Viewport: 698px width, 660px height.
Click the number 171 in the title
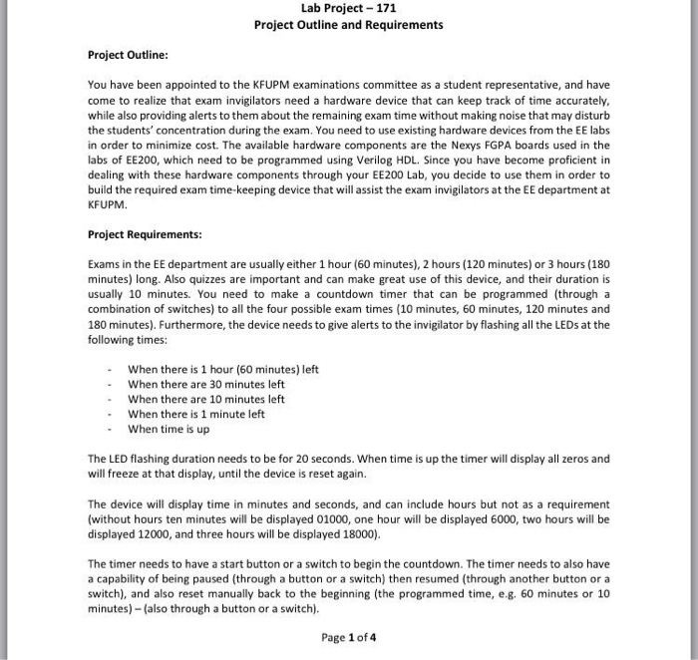click(x=384, y=8)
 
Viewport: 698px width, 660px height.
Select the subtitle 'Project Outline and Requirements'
click(x=349, y=25)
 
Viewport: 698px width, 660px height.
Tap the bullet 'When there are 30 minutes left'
click(x=206, y=384)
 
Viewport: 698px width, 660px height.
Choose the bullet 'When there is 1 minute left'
click(x=196, y=414)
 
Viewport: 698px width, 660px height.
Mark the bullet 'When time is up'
click(x=170, y=429)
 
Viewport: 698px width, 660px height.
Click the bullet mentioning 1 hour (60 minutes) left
click(x=223, y=369)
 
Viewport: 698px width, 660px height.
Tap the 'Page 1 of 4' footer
click(x=349, y=637)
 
